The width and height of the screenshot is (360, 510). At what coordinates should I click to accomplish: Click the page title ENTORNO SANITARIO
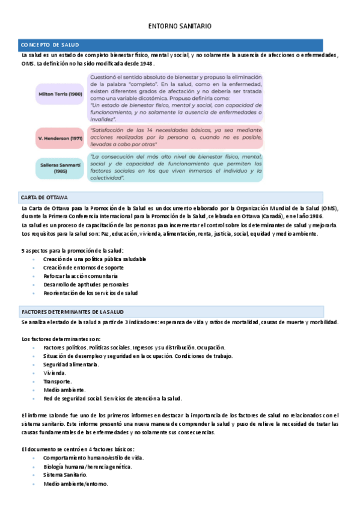point(180,26)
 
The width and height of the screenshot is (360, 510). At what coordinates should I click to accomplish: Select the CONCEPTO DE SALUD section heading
point(49,45)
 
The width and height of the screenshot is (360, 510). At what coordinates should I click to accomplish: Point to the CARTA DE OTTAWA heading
point(44,197)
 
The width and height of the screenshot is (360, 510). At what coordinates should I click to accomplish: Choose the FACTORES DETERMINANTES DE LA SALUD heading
point(73,312)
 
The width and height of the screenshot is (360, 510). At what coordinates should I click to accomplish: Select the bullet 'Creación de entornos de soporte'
point(84,267)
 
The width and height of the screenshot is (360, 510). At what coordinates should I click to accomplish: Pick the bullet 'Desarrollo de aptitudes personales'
point(85,284)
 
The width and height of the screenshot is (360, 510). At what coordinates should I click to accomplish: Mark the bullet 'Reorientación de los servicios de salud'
point(90,293)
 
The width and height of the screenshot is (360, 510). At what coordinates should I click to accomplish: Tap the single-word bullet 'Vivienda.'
point(55,373)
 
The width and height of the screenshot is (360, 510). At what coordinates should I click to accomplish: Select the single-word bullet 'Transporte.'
point(58,381)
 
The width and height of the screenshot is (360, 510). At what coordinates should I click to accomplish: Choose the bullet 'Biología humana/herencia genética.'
point(88,467)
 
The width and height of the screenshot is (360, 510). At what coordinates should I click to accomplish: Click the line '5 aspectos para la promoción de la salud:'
point(72,250)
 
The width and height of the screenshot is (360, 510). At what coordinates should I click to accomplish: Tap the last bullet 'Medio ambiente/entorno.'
point(76,484)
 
